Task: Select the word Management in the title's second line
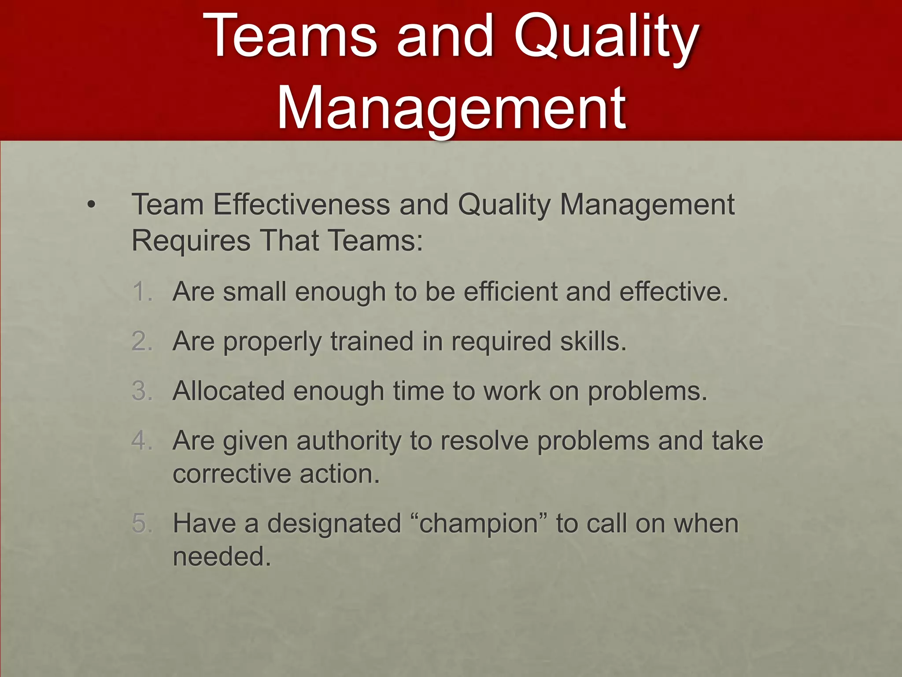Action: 451,108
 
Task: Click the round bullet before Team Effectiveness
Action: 91,205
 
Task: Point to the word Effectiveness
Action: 302,205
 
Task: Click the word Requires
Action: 191,241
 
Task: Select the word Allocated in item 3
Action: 228,391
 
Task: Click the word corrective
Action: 232,474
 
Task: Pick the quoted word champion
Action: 478,524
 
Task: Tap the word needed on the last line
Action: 222,556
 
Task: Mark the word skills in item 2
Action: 593,341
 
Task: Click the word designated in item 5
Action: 334,524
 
